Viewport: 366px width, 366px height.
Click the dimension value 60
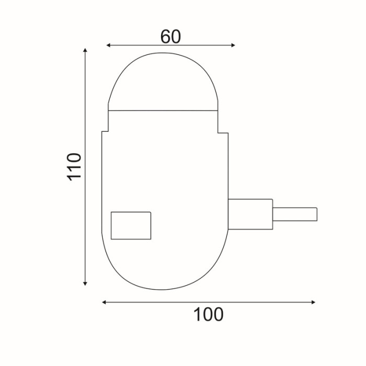[x=170, y=37]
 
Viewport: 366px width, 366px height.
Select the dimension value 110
[x=75, y=166]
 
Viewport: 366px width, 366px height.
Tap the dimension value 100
[x=209, y=315]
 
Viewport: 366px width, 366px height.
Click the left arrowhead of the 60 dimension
[x=108, y=45]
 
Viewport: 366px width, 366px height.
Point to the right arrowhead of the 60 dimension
[x=233, y=45]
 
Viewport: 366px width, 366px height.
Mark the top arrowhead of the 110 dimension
[x=85, y=50]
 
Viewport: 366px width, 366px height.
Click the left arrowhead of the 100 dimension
[x=104, y=302]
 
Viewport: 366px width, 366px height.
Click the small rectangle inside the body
[x=131, y=225]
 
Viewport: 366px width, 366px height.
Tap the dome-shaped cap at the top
[x=163, y=84]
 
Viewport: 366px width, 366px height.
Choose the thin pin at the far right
[x=295, y=214]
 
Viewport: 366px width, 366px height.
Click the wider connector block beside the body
[x=250, y=214]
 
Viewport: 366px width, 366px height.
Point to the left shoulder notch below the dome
[x=105, y=131]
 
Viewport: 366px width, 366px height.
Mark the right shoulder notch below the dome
[x=223, y=132]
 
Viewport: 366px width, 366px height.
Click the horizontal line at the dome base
[x=163, y=110]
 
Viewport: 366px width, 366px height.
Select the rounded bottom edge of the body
[x=165, y=289]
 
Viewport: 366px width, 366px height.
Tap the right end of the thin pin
[x=316, y=214]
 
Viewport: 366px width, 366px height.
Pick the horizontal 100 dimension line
[x=157, y=302]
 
